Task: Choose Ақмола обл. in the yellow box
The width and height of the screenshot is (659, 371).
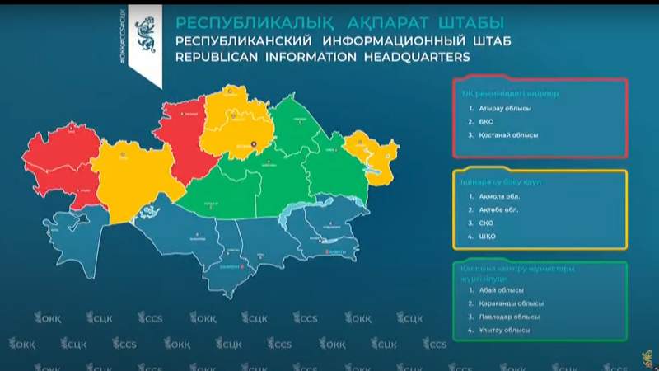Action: [x=498, y=196]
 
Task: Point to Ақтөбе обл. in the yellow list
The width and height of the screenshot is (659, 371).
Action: [x=498, y=209]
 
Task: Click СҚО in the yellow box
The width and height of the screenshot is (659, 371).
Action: [x=486, y=223]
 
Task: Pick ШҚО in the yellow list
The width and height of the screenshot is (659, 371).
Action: [x=486, y=236]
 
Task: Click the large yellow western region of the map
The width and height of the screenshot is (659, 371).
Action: [x=128, y=177]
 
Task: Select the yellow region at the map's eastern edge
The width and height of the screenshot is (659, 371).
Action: [x=372, y=149]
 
